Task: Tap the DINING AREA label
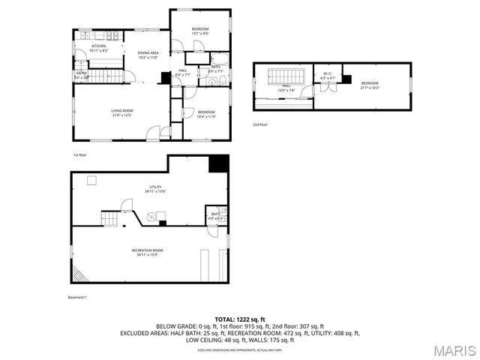coord(148,52)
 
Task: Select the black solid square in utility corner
coord(218,163)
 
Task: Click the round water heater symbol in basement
coord(151,217)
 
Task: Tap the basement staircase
coord(110,218)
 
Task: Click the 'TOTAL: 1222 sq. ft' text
coord(239,319)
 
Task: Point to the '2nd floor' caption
coord(259,124)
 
